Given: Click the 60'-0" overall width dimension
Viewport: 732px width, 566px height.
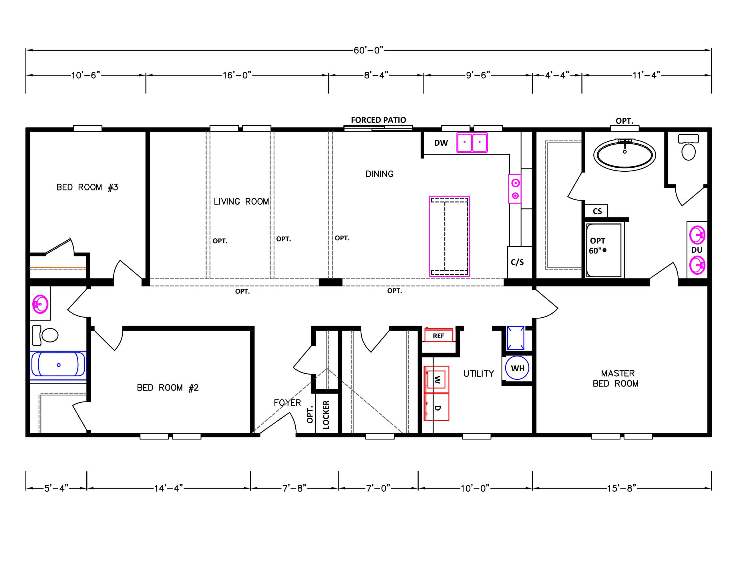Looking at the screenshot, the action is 368,50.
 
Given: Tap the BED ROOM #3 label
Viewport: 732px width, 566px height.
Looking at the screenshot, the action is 87,187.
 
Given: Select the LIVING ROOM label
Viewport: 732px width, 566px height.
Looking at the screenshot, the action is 241,202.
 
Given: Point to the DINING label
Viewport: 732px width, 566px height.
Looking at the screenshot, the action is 379,174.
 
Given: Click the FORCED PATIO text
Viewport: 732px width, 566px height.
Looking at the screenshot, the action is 378,120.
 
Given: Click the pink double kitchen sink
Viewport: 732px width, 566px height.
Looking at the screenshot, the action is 472,143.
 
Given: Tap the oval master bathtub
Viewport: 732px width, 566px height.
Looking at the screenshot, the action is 624,155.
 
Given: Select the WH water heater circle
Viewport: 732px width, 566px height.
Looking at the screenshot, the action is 517,368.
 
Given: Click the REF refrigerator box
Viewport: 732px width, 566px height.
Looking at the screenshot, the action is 439,335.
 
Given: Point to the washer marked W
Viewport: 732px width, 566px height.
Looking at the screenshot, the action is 436,379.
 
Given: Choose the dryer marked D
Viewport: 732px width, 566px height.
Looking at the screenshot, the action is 436,407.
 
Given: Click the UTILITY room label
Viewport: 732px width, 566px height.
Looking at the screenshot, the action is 479,374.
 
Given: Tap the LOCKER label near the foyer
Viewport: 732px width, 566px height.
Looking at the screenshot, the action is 326,415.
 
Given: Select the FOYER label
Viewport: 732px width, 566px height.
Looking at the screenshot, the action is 287,403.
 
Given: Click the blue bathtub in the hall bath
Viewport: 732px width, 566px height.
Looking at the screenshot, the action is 58,365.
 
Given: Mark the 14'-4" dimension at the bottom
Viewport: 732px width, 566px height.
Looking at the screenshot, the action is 168,488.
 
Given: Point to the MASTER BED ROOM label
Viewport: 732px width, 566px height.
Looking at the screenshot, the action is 616,379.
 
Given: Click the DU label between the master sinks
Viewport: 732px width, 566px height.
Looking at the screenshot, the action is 697,250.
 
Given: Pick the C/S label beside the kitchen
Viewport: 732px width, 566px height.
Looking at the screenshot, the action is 517,262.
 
